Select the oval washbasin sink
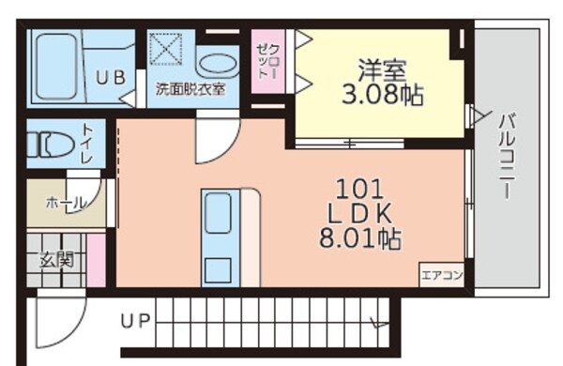click(x=219, y=64)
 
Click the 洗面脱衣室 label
click(x=190, y=91)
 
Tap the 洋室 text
click(x=382, y=69)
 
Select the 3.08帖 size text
click(x=382, y=94)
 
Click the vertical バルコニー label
click(x=505, y=155)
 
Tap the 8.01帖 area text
click(x=361, y=238)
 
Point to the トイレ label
click(x=87, y=144)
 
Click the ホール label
click(x=65, y=202)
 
